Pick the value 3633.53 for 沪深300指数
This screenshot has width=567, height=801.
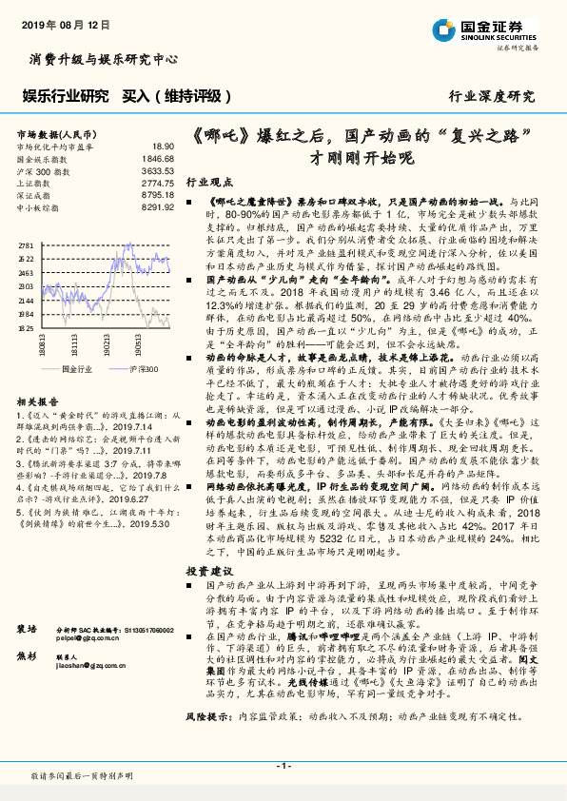pyautogui.click(x=157, y=170)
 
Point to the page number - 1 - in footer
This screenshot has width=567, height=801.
pyautogui.click(x=283, y=765)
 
